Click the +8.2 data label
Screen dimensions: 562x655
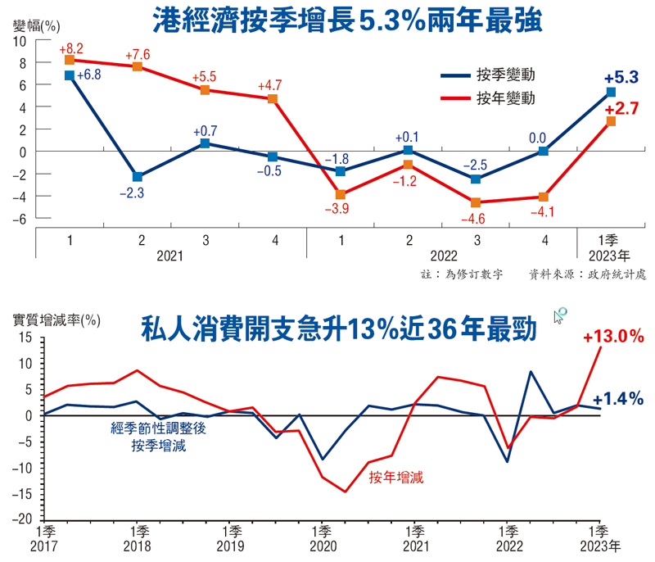[x=71, y=48]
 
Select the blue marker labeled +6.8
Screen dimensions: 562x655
[x=70, y=75]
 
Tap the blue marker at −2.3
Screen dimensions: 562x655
[x=138, y=177]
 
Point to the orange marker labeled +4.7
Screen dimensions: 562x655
[x=273, y=99]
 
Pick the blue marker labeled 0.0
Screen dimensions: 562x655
[x=543, y=151]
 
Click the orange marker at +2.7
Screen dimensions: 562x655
[x=611, y=121]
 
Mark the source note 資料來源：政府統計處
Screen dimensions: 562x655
[x=588, y=274]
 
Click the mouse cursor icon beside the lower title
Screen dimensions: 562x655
[x=561, y=316]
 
